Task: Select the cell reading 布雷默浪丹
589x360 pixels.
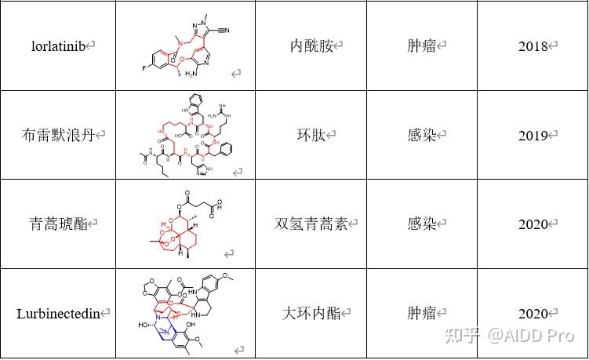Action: pyautogui.click(x=59, y=135)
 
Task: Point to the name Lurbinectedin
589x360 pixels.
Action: pyautogui.click(x=59, y=314)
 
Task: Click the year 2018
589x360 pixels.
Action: pyautogui.click(x=533, y=46)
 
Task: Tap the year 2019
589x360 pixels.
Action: pyautogui.click(x=533, y=135)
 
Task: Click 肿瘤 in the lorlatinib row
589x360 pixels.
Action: pyautogui.click(x=421, y=46)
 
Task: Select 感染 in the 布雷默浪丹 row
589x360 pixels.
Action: pyautogui.click(x=421, y=135)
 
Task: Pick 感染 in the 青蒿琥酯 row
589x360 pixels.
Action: pyautogui.click(x=421, y=224)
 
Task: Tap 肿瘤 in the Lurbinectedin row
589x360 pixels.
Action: pyautogui.click(x=421, y=314)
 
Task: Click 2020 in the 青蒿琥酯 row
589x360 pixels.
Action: pyautogui.click(x=533, y=224)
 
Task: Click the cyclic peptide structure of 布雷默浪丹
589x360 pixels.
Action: pyautogui.click(x=185, y=135)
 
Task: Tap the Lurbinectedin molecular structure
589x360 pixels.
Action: pyautogui.click(x=185, y=313)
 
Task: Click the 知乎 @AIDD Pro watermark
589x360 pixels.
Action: pyautogui.click(x=509, y=335)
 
